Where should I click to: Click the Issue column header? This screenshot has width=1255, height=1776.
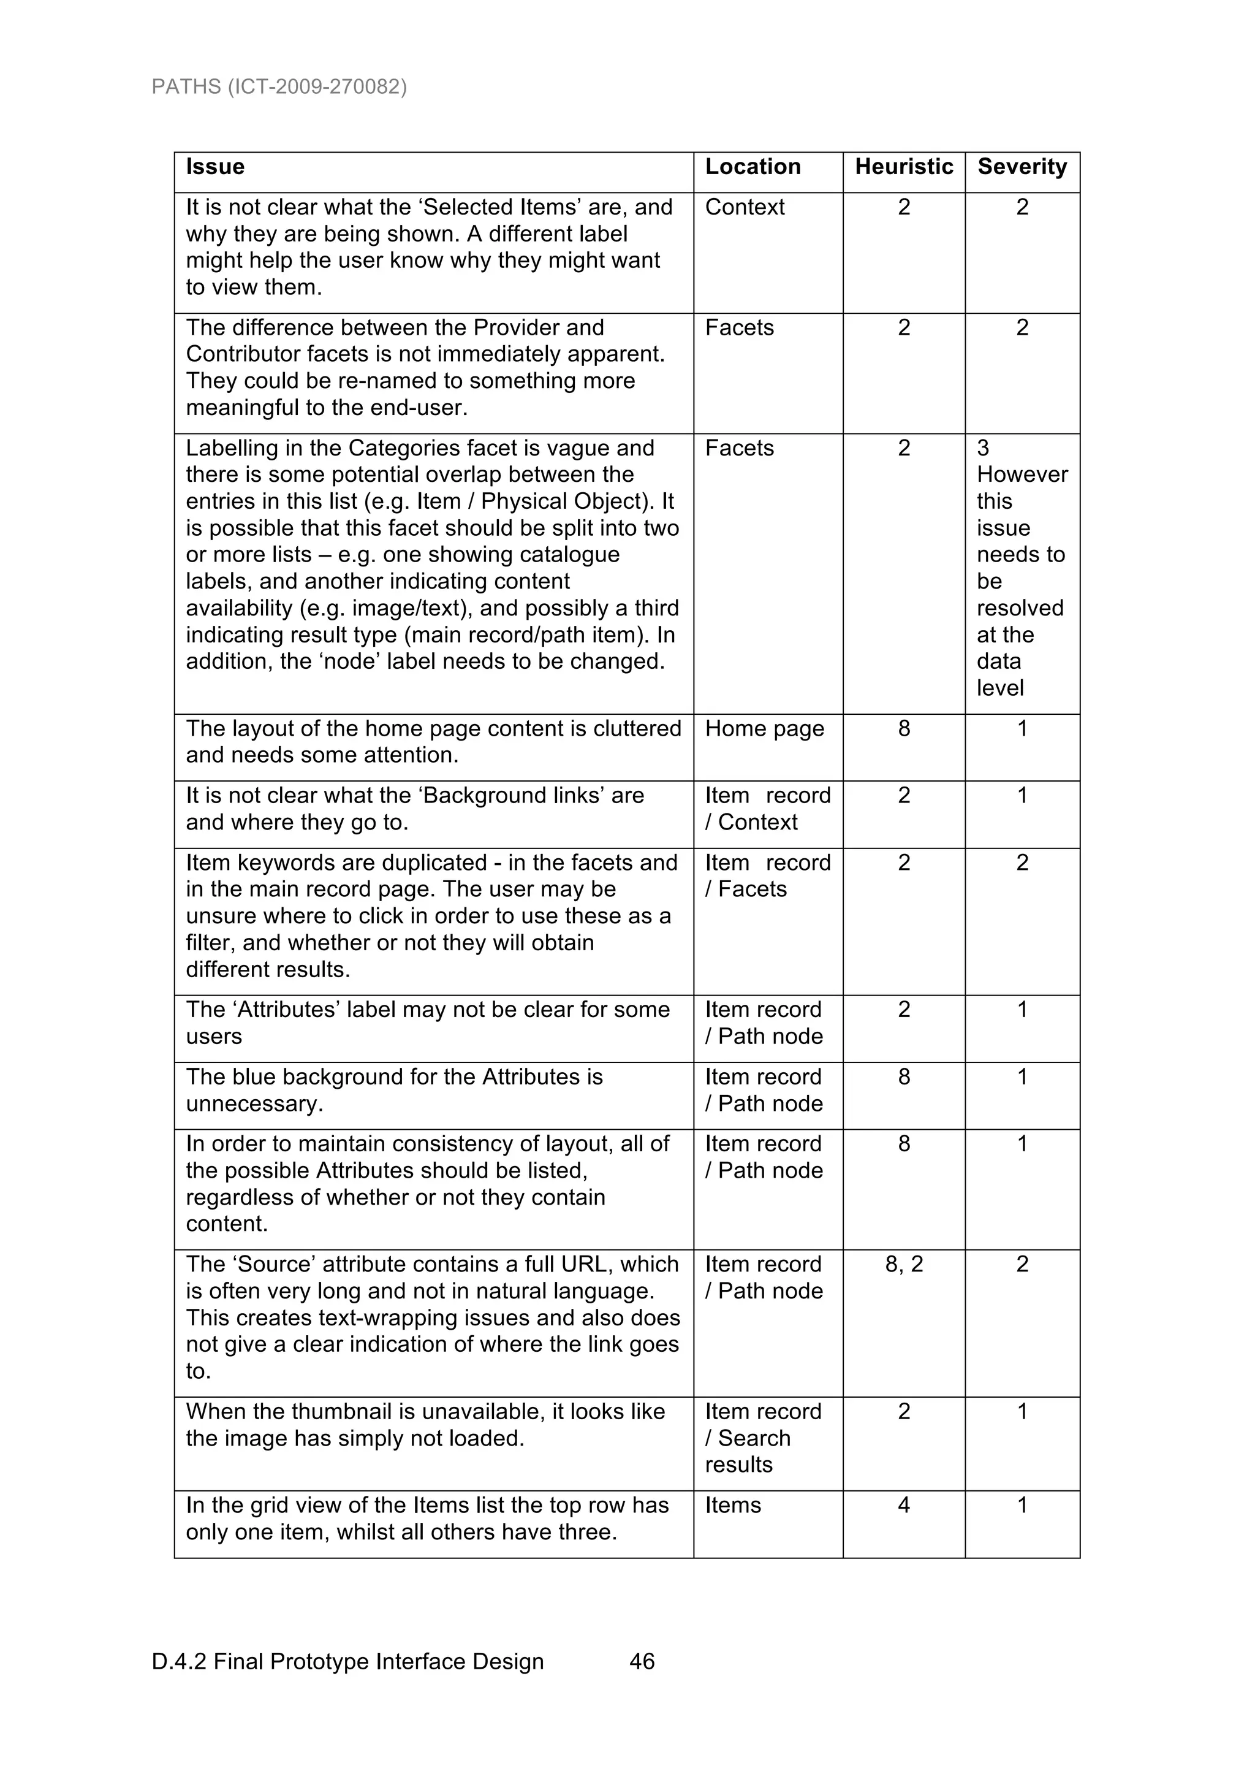215,167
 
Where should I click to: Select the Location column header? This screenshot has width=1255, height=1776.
753,167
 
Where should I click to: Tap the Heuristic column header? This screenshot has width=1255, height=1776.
903,167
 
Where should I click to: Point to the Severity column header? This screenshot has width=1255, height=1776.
1022,167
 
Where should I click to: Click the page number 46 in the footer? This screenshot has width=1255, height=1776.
642,1661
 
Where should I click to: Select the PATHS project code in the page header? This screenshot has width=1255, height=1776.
279,86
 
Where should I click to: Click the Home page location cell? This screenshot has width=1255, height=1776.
764,729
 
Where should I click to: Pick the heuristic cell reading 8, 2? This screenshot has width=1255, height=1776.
903,1264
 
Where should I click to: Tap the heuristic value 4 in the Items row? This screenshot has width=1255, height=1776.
903,1504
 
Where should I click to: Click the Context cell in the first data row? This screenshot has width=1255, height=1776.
745,207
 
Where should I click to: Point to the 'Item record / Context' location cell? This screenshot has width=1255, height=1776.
767,809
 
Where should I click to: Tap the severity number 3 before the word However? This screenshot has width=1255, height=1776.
983,448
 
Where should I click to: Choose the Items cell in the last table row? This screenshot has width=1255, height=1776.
732,1504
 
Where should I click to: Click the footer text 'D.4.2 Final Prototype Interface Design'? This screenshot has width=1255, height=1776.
347,1661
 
